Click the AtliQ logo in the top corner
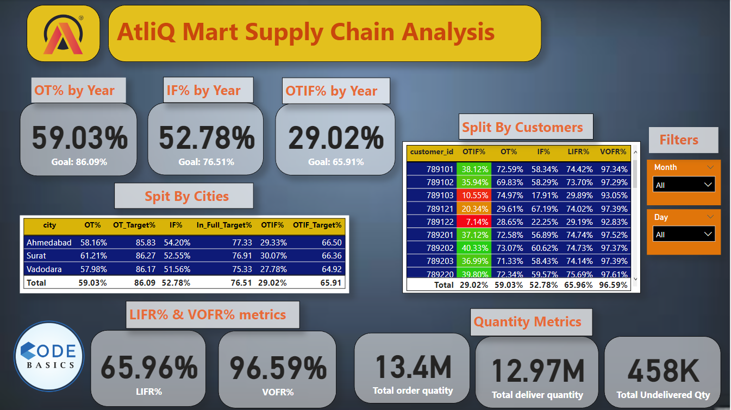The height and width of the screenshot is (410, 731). [63, 34]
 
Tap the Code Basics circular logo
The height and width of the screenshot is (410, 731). [48, 356]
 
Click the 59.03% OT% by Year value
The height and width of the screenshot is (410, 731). [79, 137]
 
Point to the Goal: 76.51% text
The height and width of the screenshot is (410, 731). [206, 162]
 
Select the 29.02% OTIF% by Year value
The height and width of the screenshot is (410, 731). [335, 137]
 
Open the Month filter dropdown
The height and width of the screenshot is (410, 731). [684, 185]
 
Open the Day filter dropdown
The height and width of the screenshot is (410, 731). [684, 235]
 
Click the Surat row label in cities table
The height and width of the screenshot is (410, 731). [36, 255]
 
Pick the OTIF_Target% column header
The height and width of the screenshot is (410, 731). [317, 225]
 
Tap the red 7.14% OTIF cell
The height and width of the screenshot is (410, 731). [474, 222]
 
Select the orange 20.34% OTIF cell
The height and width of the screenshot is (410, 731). [474, 209]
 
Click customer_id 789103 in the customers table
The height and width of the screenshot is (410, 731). [440, 195]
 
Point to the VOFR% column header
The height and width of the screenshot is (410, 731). [614, 152]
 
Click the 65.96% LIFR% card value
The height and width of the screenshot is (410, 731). [148, 367]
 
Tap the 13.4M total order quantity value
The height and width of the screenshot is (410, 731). [413, 367]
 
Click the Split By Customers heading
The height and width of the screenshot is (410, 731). [522, 128]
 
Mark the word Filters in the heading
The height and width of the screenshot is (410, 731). [679, 140]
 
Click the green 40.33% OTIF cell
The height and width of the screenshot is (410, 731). [474, 248]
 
